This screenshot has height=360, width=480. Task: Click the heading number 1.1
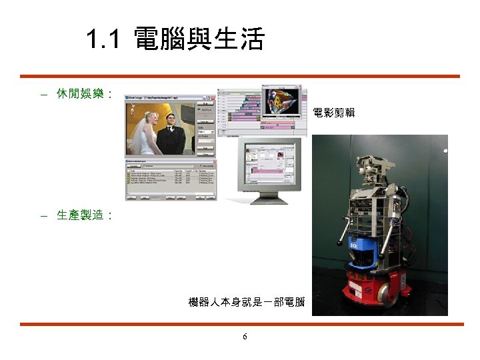coord(103,41)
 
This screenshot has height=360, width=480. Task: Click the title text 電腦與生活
coord(199,40)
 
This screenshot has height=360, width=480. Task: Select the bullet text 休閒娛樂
coord(80,94)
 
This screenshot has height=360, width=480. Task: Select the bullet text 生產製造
coord(80,215)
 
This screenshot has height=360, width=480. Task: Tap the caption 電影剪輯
coord(333,113)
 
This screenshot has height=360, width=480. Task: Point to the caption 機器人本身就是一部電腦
coord(247,303)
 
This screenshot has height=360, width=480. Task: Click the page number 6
coord(245,337)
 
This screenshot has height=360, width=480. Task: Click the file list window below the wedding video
coord(171,180)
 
